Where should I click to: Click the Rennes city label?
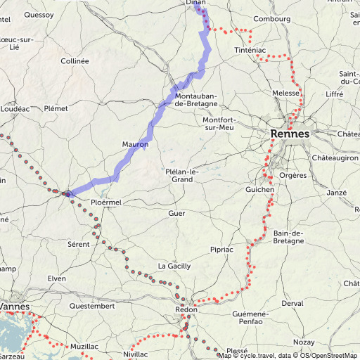290,133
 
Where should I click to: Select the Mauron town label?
134,145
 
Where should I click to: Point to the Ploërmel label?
106,202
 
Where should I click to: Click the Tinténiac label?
250,51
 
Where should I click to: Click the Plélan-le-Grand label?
182,175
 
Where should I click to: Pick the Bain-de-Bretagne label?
288,237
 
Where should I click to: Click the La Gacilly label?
172,266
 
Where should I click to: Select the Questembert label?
91,306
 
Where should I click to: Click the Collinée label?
75,61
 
